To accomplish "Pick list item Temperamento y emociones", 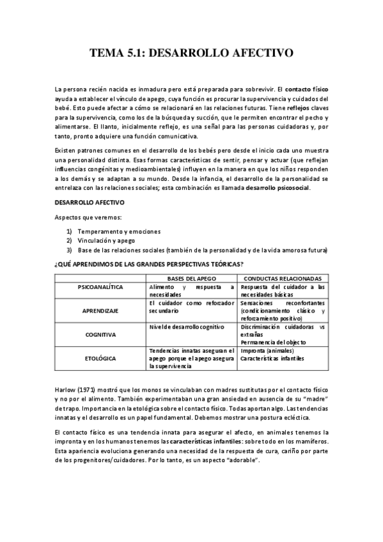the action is (x=119, y=231).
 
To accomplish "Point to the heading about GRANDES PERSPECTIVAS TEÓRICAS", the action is (x=150, y=264).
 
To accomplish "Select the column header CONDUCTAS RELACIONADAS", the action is (x=283, y=279).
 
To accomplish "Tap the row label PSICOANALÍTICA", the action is (x=100, y=288).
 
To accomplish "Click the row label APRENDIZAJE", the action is (x=100, y=310).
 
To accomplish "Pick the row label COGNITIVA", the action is (x=100, y=334).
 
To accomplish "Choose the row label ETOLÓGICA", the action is (x=100, y=359).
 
